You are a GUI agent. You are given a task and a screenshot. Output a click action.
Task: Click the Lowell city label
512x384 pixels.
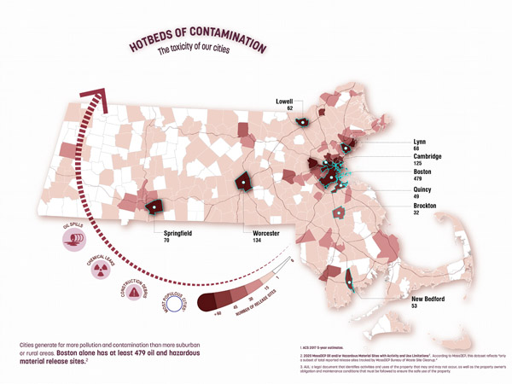pos(284,101)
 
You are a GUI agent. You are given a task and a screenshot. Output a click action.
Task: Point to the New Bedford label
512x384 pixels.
pos(431,300)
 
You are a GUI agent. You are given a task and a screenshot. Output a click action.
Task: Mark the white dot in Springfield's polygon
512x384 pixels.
pos(155,206)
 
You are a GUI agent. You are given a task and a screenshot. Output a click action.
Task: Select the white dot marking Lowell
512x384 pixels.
pos(302,123)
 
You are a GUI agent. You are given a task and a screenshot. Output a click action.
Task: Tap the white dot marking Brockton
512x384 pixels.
pos(340,212)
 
